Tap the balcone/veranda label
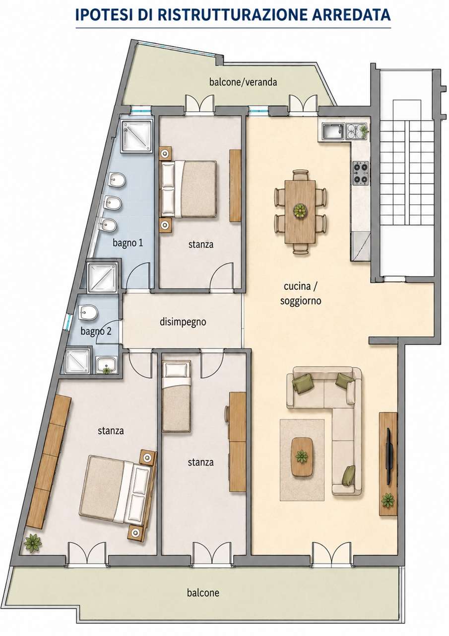(243, 82)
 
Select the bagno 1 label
(128, 243)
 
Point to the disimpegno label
(183, 322)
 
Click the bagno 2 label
(96, 331)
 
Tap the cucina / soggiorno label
(301, 293)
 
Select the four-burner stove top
(361, 173)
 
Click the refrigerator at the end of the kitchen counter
(361, 246)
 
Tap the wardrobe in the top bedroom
(235, 186)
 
